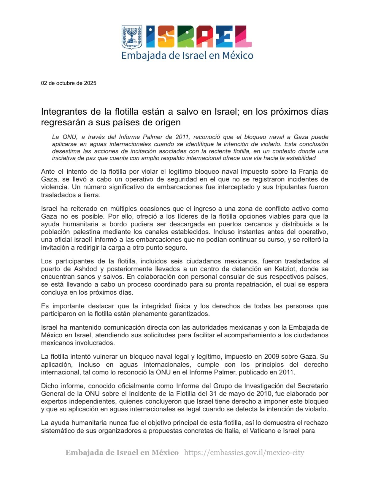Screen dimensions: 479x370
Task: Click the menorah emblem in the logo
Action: click(132, 37)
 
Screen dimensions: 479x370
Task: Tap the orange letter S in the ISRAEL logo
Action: click(166, 37)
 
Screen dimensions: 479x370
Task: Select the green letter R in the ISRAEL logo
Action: click(184, 37)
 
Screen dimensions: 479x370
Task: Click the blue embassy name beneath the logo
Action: click(187, 56)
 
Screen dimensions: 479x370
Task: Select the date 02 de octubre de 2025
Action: click(69, 83)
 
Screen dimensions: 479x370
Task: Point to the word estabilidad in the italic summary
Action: click(301, 158)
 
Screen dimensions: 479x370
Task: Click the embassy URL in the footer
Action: click(244, 453)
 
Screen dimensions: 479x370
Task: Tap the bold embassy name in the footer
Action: click(122, 453)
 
